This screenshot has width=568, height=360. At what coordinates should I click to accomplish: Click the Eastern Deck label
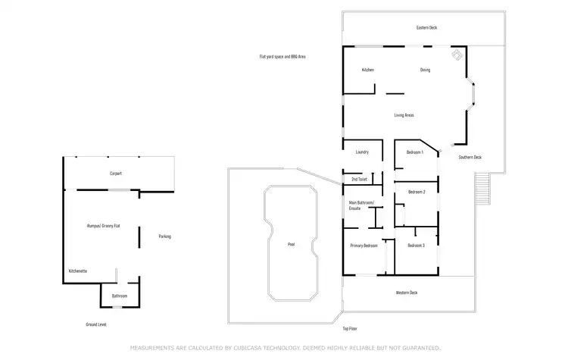point(426,28)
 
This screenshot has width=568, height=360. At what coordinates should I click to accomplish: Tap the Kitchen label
point(367,70)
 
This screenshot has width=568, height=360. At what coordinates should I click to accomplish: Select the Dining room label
point(426,70)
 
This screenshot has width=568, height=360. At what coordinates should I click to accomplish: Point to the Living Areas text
point(404,115)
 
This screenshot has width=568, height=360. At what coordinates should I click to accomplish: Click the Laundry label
point(362,152)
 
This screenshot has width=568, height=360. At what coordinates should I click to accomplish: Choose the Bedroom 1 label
point(414,152)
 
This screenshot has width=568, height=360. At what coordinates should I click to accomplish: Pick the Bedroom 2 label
point(416,193)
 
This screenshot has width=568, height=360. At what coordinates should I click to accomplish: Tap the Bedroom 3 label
point(416,246)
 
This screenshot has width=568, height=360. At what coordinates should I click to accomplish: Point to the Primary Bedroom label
point(364,246)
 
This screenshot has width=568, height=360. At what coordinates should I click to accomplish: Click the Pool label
point(292,245)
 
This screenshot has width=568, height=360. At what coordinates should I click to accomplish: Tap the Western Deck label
point(407,293)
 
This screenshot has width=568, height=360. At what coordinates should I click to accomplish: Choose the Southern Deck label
point(470,158)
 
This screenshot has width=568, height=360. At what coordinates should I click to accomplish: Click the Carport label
point(116,174)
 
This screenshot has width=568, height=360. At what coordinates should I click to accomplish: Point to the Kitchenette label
point(79,271)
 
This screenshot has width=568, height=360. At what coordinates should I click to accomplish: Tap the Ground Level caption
point(96,324)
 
